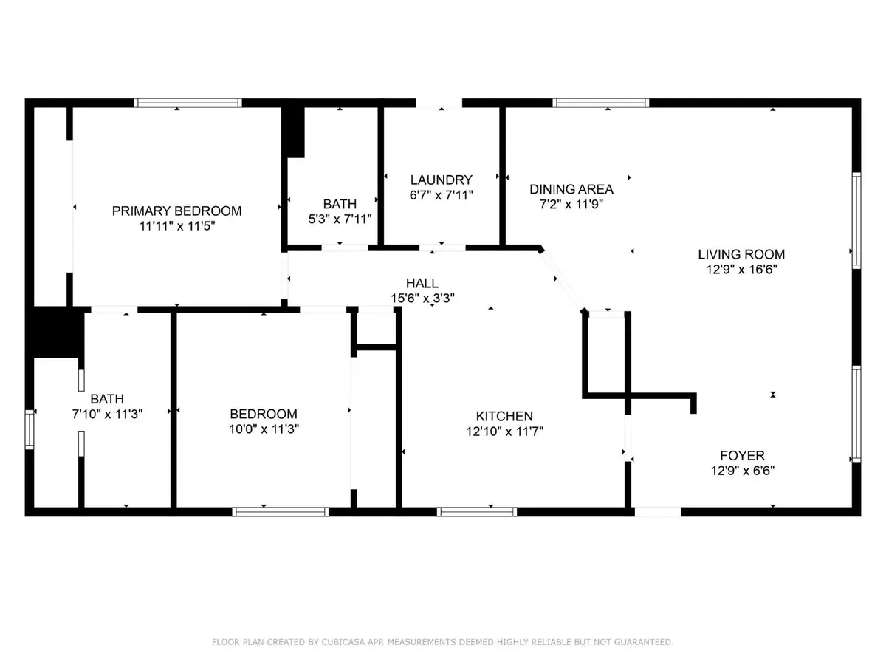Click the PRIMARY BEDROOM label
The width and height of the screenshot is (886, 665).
click(x=176, y=211)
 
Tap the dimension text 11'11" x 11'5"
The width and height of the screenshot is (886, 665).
click(x=176, y=226)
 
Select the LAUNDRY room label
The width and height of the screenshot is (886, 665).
click(x=441, y=180)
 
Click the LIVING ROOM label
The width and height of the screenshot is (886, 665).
click(x=741, y=255)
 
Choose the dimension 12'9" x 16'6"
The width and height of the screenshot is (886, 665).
click(x=741, y=270)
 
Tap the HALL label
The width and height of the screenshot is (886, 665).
click(x=422, y=283)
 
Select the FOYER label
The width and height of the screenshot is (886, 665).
click(x=742, y=455)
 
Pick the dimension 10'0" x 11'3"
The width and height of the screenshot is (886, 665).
click(x=264, y=429)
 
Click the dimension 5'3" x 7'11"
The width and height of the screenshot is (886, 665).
click(x=340, y=219)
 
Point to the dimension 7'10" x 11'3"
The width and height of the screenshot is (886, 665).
click(x=106, y=415)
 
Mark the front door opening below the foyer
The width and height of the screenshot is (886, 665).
click(x=658, y=511)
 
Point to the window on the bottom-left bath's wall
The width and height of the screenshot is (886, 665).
click(x=30, y=429)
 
